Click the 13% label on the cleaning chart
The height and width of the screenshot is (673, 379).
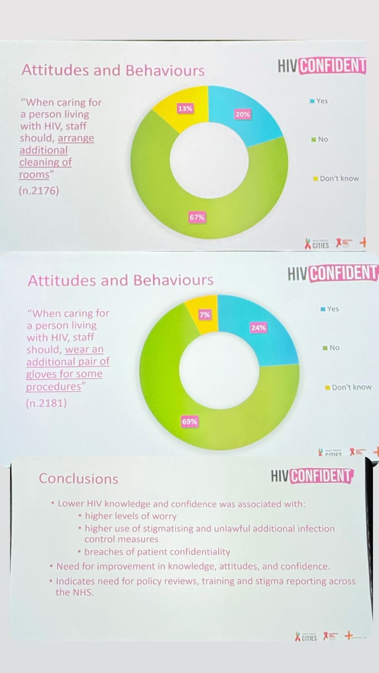185,109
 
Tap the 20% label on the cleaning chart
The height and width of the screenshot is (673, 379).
243,114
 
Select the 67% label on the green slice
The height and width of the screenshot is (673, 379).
197,217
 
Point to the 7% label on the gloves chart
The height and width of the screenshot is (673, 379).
204,315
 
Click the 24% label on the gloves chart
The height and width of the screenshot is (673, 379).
258,328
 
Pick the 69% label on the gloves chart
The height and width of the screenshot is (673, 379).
189,422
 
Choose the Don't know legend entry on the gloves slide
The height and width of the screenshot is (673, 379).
348,387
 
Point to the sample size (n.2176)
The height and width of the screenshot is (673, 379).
39,191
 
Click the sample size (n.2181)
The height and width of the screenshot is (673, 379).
46,403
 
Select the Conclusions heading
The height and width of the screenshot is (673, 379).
78,479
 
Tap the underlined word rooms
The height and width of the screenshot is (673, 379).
34,175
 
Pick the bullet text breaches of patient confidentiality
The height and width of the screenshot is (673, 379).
157,552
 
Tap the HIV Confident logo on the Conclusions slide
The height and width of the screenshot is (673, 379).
312,476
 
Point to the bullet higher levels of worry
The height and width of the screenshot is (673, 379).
131,516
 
